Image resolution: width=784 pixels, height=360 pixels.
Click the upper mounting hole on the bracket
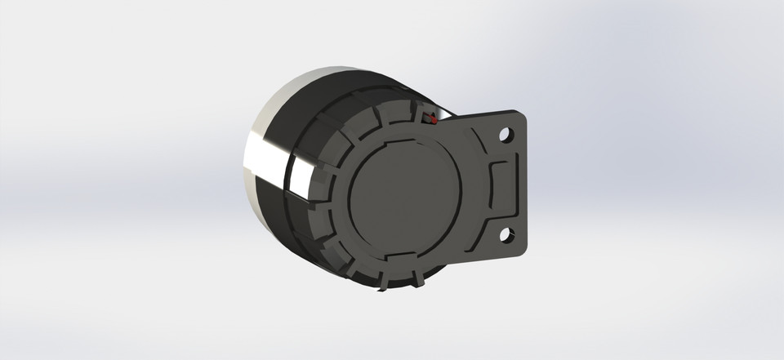(x=506, y=131)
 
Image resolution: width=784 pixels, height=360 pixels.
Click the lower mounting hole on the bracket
(x=506, y=235)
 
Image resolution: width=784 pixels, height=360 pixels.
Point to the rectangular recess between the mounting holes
(x=501, y=184)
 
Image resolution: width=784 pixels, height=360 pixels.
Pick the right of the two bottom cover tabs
(x=418, y=278)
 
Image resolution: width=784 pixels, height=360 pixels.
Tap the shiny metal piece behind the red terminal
(x=445, y=113)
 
